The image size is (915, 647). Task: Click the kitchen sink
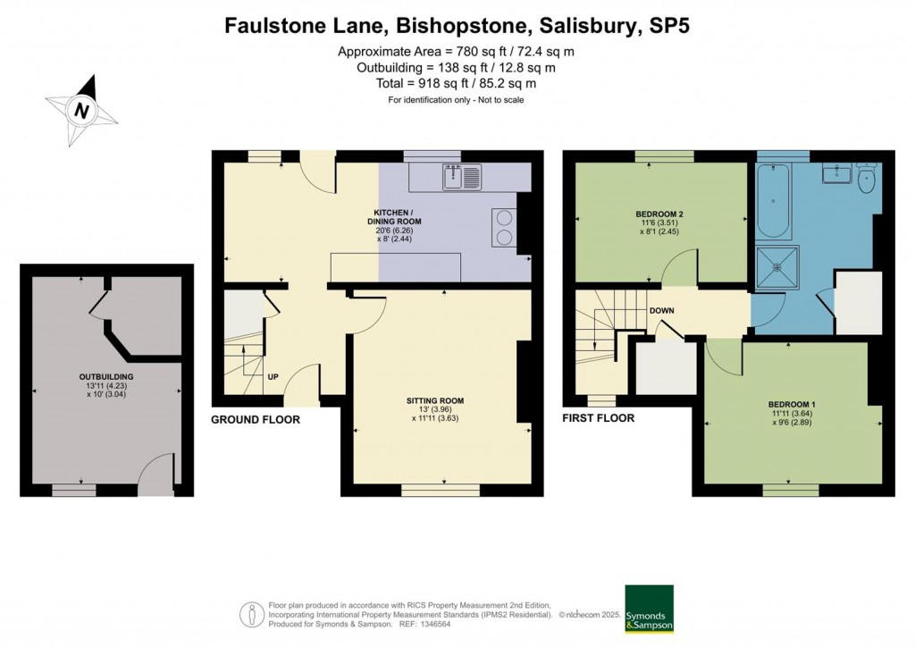[x=462, y=178]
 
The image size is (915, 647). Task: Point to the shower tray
[x=776, y=269]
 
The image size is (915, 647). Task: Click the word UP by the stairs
[x=273, y=376]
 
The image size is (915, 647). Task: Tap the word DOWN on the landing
[x=662, y=311]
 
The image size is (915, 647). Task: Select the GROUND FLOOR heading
[x=256, y=419]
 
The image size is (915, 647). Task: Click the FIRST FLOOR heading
[x=598, y=418]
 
